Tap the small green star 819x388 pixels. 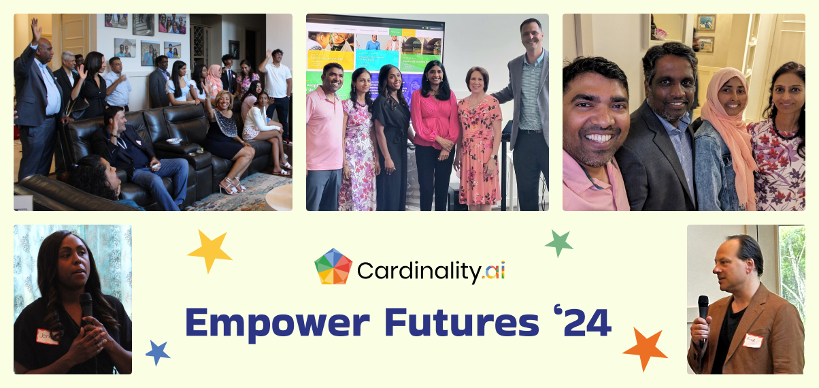(x=558, y=243)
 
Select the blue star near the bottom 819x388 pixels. (x=158, y=353)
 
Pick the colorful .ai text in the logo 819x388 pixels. (x=492, y=272)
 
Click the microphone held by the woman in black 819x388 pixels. (x=86, y=306)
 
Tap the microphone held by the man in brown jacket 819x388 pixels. (x=703, y=308)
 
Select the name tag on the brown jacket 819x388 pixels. (x=752, y=340)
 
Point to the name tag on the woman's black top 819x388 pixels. (x=46, y=336)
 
